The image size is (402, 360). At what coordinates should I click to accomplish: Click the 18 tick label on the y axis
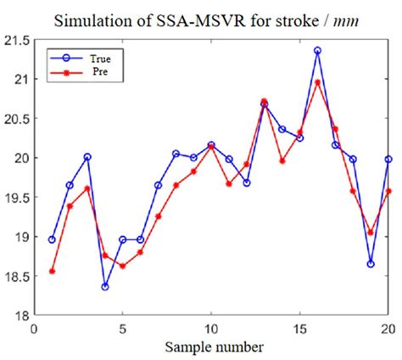pyautogui.click(x=22, y=315)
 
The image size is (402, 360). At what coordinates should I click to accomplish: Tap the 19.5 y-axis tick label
pyautogui.click(x=17, y=198)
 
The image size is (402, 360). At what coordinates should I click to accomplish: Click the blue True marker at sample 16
pyautogui.click(x=317, y=51)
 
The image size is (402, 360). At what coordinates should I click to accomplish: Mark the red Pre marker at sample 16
pyautogui.click(x=317, y=82)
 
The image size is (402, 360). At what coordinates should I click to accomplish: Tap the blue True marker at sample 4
pyautogui.click(x=105, y=287)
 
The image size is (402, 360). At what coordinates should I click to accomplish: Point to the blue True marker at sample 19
pyautogui.click(x=371, y=264)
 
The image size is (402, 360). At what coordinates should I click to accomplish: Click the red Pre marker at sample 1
pyautogui.click(x=52, y=272)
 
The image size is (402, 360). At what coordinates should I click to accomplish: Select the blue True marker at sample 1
pyautogui.click(x=52, y=240)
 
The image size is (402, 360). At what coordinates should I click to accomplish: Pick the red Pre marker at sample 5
pyautogui.click(x=122, y=266)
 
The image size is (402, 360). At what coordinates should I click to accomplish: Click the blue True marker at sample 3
pyautogui.click(x=87, y=157)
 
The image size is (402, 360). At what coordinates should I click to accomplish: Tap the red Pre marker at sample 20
pyautogui.click(x=388, y=191)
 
